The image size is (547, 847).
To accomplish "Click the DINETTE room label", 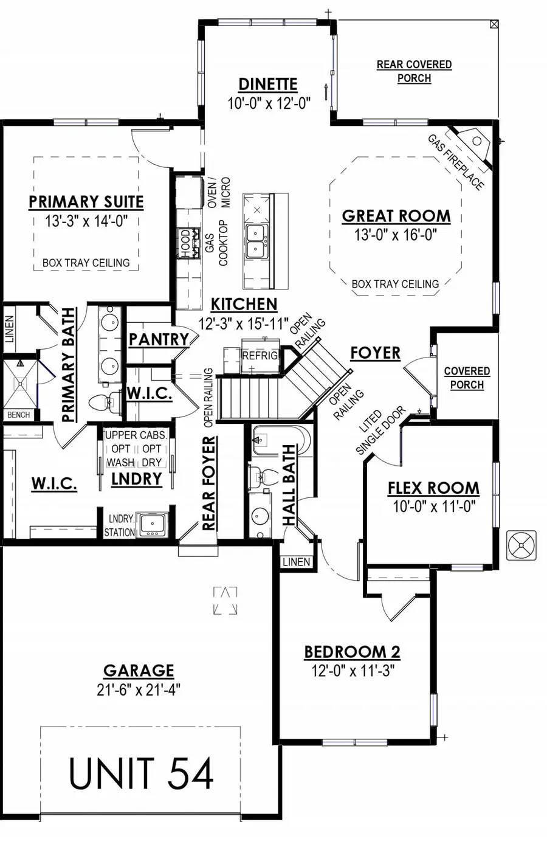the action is [267, 84].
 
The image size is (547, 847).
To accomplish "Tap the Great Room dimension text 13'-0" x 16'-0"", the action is [396, 235].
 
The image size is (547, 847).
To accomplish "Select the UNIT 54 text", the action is [141, 773].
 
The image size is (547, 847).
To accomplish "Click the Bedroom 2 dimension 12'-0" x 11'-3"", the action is [353, 671].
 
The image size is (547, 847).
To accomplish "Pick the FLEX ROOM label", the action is [433, 488].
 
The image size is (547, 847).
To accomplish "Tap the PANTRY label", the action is [159, 339].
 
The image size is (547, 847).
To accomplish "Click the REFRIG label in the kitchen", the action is [261, 356].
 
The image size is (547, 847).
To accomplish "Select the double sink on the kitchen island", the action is [257, 241].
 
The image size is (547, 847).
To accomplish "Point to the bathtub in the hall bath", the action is [281, 440].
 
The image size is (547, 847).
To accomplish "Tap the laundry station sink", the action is [153, 525].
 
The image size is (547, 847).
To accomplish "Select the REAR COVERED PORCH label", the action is [415, 72].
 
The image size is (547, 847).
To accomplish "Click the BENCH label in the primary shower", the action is [18, 415].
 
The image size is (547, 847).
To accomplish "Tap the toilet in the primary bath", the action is [105, 402].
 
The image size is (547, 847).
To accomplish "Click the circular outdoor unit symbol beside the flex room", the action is [521, 545].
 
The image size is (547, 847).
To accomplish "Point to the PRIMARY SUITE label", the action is [86, 202].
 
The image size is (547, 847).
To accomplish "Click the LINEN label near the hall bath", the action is [297, 562].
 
